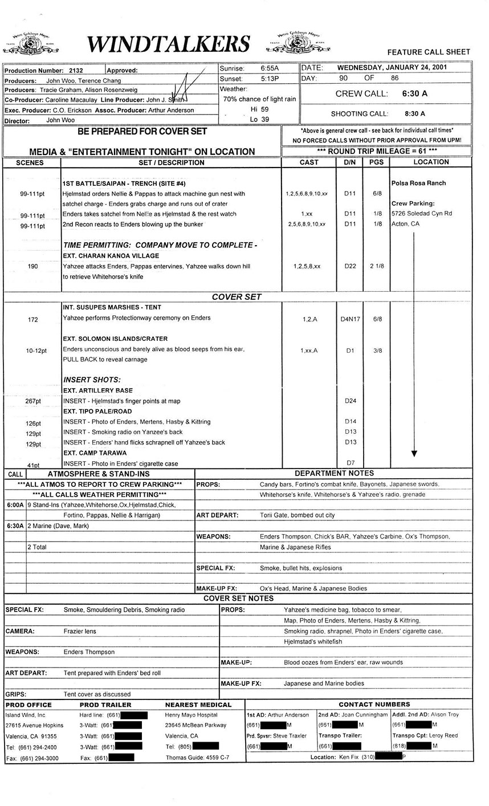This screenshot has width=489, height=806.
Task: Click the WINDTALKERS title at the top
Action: pyautogui.click(x=169, y=43)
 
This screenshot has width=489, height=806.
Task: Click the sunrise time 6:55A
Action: pyautogui.click(x=270, y=68)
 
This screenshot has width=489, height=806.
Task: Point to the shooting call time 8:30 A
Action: pyautogui.click(x=415, y=113)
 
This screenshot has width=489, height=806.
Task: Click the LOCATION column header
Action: pyautogui.click(x=431, y=162)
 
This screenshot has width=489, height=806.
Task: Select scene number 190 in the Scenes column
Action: pyautogui.click(x=32, y=266)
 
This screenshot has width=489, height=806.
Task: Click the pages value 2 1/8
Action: pyautogui.click(x=377, y=266)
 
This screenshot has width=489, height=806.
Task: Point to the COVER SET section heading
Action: pyautogui.click(x=237, y=297)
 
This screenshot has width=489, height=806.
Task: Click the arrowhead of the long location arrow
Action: pyautogui.click(x=414, y=453)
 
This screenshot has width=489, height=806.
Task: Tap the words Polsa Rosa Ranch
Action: pyautogui.click(x=418, y=183)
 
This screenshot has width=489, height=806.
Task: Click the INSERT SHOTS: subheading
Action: pyautogui.click(x=92, y=380)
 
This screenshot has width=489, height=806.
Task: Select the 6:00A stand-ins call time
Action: pyautogui.click(x=15, y=505)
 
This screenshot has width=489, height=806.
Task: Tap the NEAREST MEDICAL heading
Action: pyautogui.click(x=198, y=705)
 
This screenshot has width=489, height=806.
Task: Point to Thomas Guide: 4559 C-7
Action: pyautogui.click(x=197, y=758)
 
